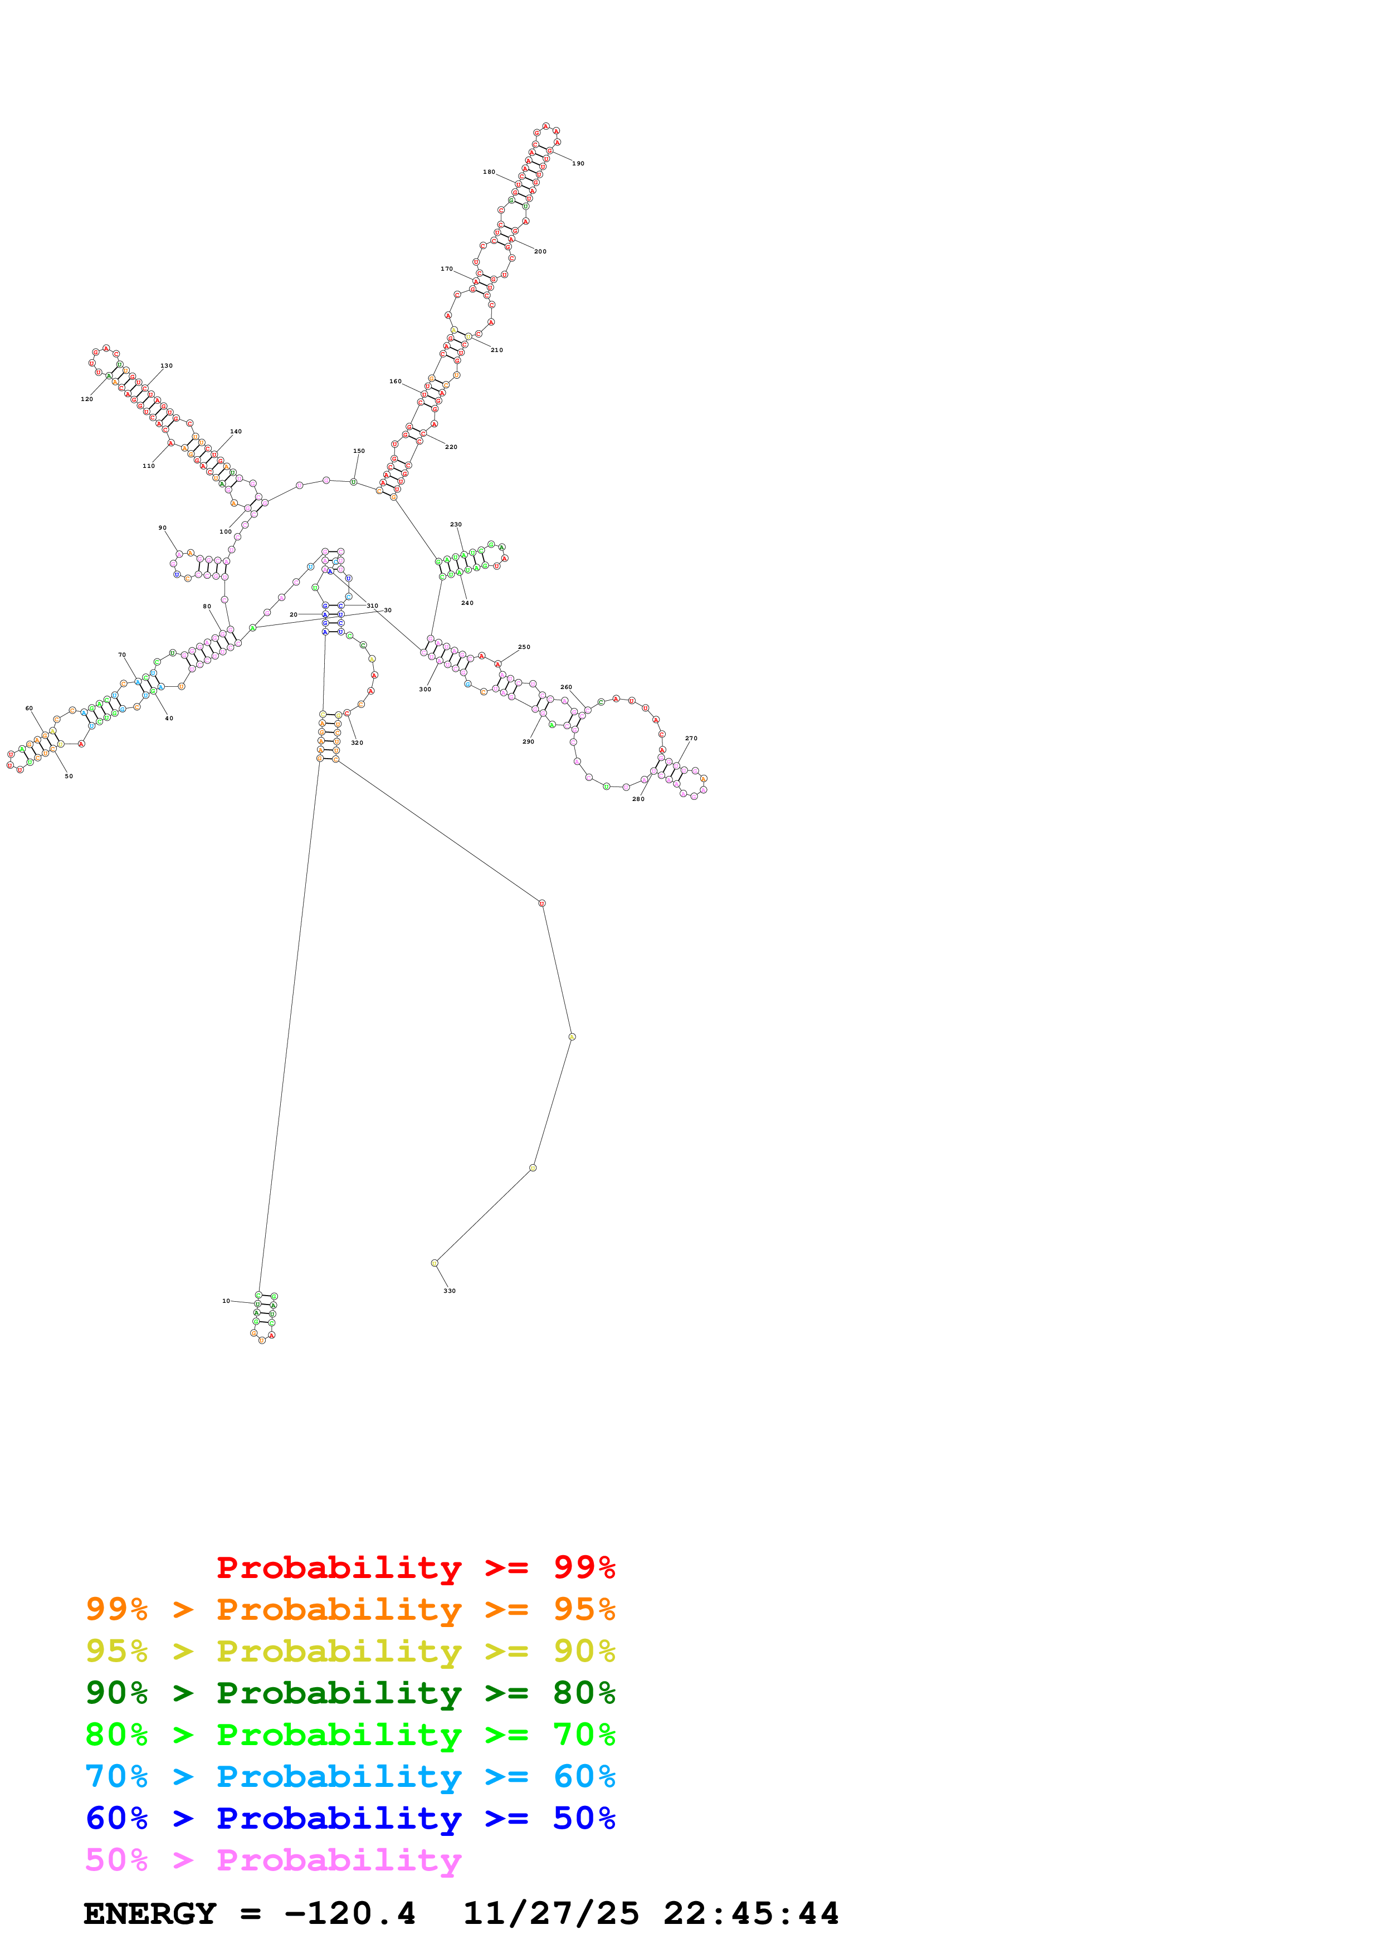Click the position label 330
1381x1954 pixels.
pyautogui.click(x=449, y=1291)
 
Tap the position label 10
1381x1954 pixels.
pyautogui.click(x=226, y=1301)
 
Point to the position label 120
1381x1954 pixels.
pyautogui.click(x=87, y=399)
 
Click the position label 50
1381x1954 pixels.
pyautogui.click(x=69, y=776)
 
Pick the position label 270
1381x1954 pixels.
pyautogui.click(x=691, y=739)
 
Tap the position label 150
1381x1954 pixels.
pyautogui.click(x=359, y=451)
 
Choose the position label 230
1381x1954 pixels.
pyautogui.click(x=456, y=525)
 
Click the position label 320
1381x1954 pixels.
pyautogui.click(x=358, y=743)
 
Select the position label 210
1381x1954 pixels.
pyautogui.click(x=497, y=350)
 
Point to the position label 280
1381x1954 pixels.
pyautogui.click(x=638, y=799)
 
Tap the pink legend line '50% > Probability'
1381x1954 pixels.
pyautogui.click(x=273, y=1860)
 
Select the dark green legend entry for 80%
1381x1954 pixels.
pyautogui.click(x=350, y=1693)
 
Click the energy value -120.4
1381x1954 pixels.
pyautogui.click(x=350, y=1914)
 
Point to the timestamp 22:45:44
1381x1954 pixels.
pyautogui.click(x=752, y=1914)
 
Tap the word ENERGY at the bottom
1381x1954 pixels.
pyautogui.click(x=150, y=1914)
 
